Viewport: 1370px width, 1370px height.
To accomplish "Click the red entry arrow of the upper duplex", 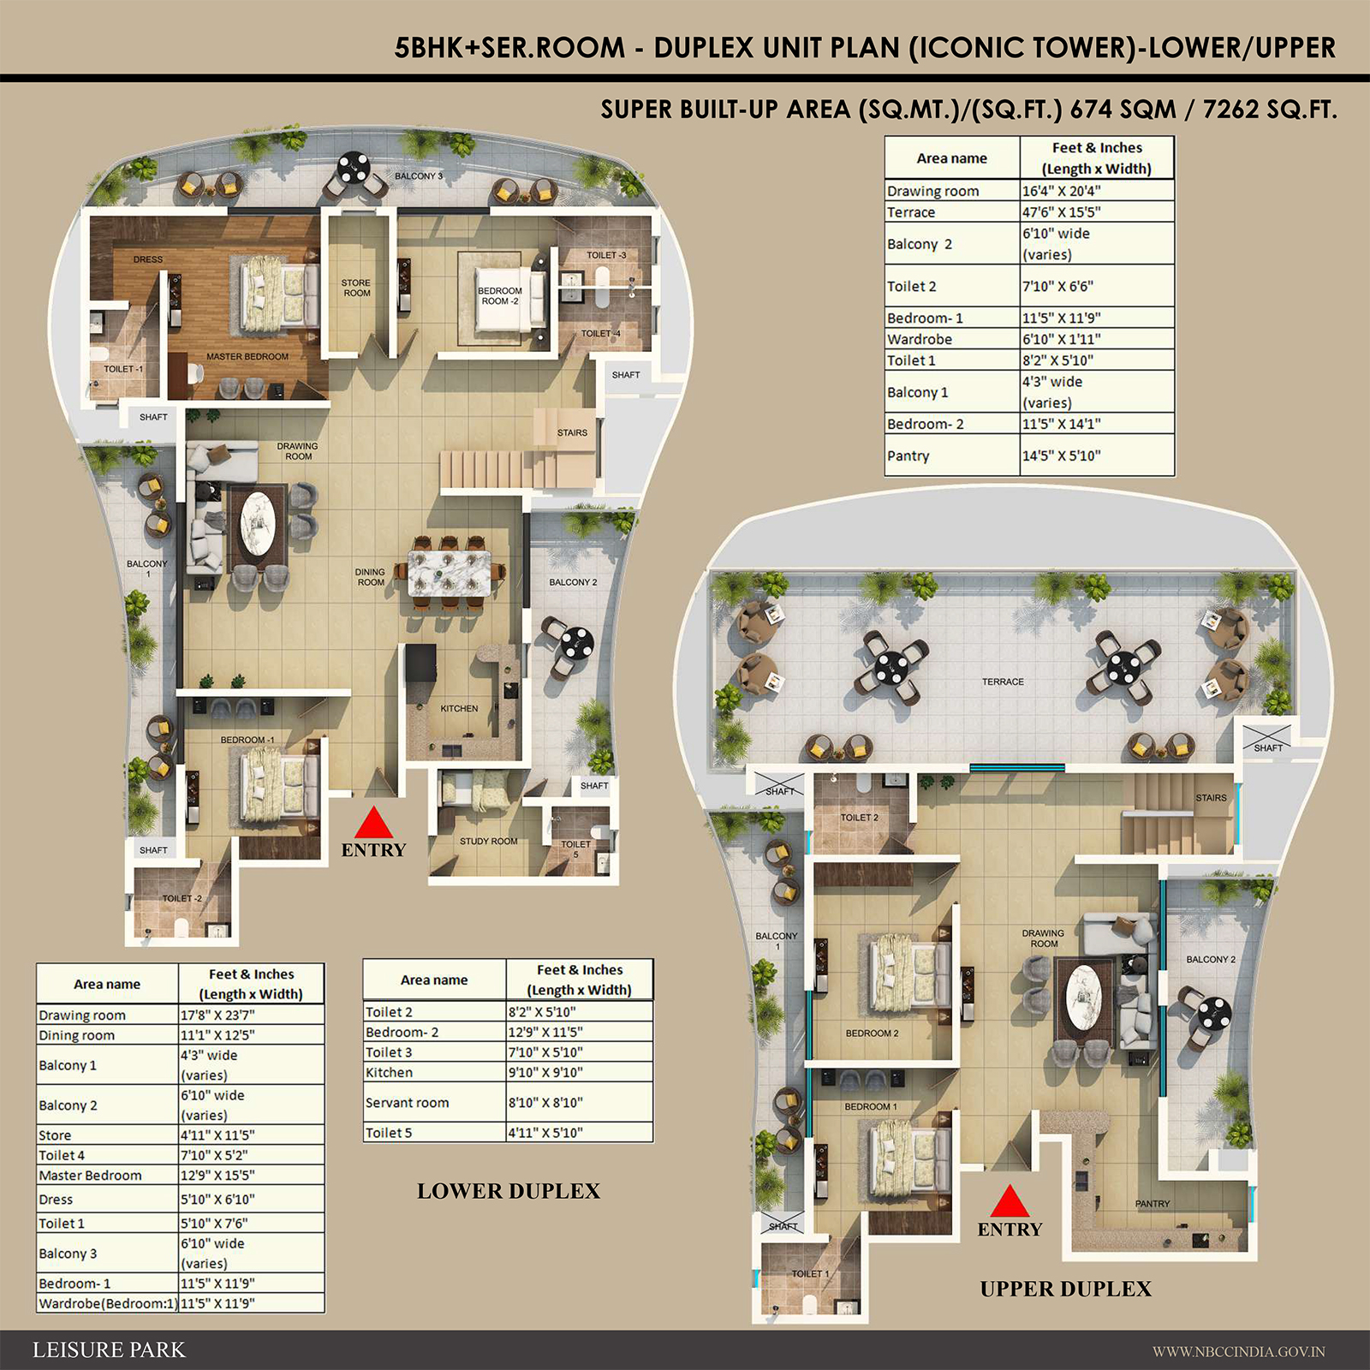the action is coord(1010,1201).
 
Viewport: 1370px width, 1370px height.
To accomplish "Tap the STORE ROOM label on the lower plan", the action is coord(356,288).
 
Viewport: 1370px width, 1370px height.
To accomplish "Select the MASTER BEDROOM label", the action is coord(247,356).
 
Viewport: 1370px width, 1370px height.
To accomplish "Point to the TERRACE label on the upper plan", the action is coord(1003,682).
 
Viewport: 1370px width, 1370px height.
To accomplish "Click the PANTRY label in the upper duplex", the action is coord(1153,1203).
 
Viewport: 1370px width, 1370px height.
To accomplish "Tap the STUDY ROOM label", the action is coord(488,841).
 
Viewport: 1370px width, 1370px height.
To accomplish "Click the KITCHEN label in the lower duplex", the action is coord(459,708).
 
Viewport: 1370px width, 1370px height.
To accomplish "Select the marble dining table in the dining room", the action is coord(450,573).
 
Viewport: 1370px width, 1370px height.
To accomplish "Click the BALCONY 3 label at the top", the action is coord(419,176).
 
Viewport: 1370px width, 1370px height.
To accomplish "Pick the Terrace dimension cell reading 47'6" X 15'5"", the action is coord(1062,212).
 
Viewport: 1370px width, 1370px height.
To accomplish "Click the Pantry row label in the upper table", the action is coord(908,456).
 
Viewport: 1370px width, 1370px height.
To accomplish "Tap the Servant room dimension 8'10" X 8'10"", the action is coord(545,1103).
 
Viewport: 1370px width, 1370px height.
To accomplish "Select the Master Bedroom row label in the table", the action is coord(90,1176).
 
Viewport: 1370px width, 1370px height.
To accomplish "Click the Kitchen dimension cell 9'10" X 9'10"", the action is coord(545,1072).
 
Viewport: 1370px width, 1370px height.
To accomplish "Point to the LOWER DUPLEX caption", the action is coord(509,1191).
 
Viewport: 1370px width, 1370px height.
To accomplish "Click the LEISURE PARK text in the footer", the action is coord(109,1350).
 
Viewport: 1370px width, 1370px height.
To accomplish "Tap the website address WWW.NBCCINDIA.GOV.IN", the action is coord(1238,1352).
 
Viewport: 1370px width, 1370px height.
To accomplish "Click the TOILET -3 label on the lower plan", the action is coord(606,255).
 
